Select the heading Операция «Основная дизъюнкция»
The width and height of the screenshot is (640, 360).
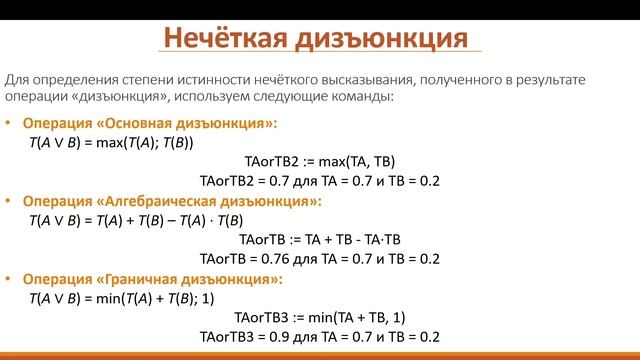pos(150,123)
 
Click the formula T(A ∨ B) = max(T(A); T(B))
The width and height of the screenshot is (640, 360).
pos(111,142)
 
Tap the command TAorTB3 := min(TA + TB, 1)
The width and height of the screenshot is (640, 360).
pos(320,317)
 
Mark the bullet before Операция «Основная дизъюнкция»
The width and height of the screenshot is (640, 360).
pos(10,123)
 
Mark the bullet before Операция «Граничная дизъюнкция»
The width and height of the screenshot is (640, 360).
pos(10,279)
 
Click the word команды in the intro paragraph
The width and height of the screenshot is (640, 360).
pos(365,97)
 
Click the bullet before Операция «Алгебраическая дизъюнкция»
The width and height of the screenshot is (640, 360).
pos(10,201)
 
